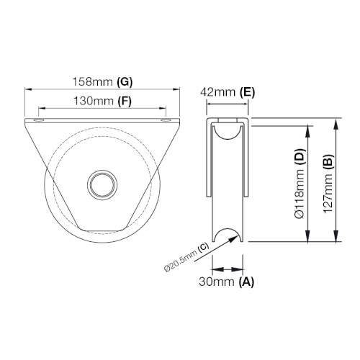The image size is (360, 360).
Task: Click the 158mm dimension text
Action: pyautogui.click(x=92, y=82)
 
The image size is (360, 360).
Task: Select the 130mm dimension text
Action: pyautogui.click(x=94, y=101)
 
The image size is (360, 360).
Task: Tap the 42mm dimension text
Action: pyautogui.click(x=218, y=92)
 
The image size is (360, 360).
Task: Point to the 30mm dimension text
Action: pyautogui.click(x=217, y=282)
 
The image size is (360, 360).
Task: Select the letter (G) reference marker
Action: pyautogui.click(x=125, y=82)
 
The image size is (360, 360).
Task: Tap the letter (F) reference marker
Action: pyautogui.click(x=125, y=102)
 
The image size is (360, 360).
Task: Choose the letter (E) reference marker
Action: pyautogui.click(x=248, y=92)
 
